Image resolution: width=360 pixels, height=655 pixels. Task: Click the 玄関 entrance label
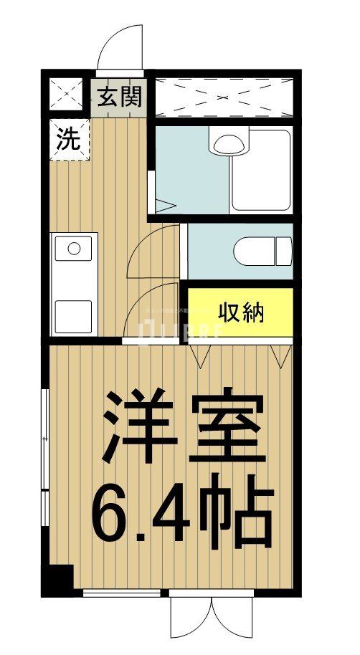click(120, 96)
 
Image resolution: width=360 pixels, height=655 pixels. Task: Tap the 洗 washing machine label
click(70, 139)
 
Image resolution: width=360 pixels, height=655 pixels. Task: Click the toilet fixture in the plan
click(262, 251)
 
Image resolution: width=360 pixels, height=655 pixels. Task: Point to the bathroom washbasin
click(228, 143)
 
